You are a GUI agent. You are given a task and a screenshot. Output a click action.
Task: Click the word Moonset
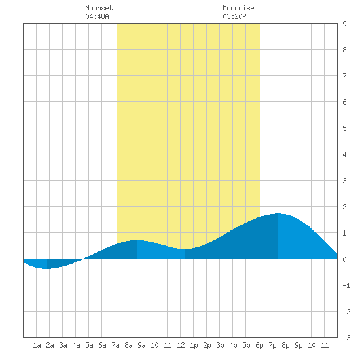point(99,8)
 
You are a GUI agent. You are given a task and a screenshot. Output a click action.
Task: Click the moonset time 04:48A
point(97,16)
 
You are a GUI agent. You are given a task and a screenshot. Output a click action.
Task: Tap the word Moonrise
point(238,8)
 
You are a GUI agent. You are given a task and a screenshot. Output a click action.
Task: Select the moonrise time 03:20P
point(234,16)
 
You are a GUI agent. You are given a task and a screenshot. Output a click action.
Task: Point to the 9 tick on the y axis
point(344,24)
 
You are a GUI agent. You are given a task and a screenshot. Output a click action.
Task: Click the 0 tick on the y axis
point(344,259)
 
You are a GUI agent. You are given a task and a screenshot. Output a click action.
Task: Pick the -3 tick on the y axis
point(346,338)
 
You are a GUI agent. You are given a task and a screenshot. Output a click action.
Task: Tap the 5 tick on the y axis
point(344,128)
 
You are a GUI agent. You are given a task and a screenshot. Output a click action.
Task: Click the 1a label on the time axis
point(37,345)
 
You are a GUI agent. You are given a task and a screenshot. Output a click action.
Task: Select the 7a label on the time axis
point(115,345)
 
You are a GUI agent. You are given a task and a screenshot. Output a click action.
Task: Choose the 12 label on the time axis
point(181,345)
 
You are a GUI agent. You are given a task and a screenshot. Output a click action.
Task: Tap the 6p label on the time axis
point(259,345)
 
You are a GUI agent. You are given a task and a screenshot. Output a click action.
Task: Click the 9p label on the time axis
point(298,345)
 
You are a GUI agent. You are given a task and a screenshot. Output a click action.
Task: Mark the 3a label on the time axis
point(63,345)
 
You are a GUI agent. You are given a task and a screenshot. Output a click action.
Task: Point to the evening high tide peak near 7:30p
point(278,214)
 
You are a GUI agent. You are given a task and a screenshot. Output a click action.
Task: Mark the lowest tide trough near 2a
point(47,268)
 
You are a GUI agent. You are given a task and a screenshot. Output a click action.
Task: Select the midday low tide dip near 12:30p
point(185,249)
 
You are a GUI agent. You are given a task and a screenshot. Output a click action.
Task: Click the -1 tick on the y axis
point(346,285)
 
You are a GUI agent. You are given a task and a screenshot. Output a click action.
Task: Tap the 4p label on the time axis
point(233,345)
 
